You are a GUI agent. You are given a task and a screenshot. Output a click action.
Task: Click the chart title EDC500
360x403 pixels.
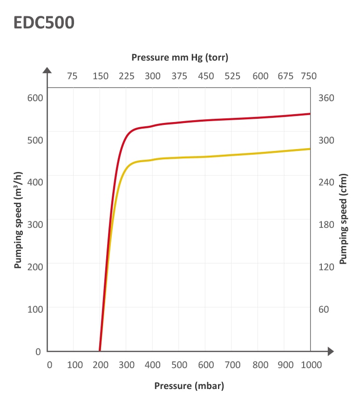tap(44, 22)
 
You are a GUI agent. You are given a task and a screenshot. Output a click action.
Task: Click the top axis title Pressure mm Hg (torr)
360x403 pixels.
tap(180, 58)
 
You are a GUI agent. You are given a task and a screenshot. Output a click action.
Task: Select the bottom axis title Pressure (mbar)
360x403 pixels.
tap(189, 386)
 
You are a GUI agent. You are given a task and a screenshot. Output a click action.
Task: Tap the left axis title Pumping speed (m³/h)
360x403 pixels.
tap(18, 220)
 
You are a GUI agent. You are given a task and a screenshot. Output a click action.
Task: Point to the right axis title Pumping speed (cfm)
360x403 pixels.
tap(344, 220)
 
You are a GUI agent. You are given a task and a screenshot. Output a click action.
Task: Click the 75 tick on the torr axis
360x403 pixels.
tap(72, 76)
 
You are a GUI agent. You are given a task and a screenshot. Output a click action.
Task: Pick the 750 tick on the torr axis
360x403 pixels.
tap(309, 76)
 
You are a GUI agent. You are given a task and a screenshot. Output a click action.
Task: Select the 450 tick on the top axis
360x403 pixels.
tap(206, 76)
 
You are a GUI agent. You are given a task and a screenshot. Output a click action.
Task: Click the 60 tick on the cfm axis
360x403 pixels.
tap(323, 309)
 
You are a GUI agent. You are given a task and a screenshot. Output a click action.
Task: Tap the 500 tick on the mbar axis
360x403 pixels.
tap(179, 364)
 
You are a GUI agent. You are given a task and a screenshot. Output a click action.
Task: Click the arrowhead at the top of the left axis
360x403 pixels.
tap(47, 70)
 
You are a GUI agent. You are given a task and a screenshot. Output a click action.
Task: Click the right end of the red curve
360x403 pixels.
tap(310, 114)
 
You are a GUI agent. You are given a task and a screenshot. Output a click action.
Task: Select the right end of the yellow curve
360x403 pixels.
tap(310, 149)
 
